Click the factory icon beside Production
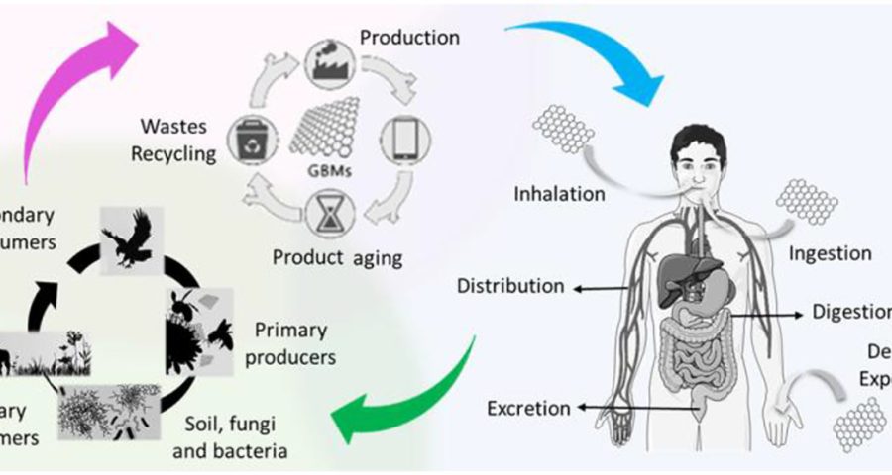click(x=326, y=58)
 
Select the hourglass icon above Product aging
click(x=328, y=213)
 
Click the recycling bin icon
click(x=247, y=138)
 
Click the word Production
click(x=409, y=39)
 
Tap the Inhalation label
click(x=559, y=193)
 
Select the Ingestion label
click(x=831, y=253)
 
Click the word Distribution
click(x=510, y=287)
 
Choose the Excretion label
click(x=529, y=408)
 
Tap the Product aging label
click(x=338, y=259)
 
